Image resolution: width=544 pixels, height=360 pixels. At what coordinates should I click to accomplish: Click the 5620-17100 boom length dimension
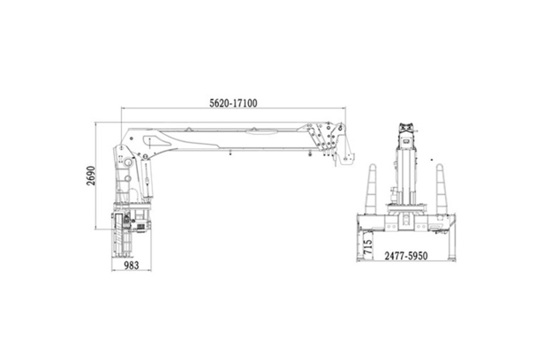point(233,103)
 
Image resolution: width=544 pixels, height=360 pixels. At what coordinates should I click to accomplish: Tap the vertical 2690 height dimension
point(91,176)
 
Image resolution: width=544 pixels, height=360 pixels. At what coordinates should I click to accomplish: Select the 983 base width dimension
point(132,266)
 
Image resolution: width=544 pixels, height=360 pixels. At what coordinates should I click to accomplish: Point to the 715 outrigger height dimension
point(367,247)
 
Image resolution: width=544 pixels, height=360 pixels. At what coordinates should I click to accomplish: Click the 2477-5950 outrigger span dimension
point(406,256)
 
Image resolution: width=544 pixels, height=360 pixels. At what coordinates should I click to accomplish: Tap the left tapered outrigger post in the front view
point(371,189)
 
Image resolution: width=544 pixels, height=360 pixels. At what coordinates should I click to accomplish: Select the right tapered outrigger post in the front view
point(441,189)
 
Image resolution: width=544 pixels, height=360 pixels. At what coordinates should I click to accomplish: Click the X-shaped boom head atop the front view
point(406,128)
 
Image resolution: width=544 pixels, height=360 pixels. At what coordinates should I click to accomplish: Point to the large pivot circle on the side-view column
point(128,162)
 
